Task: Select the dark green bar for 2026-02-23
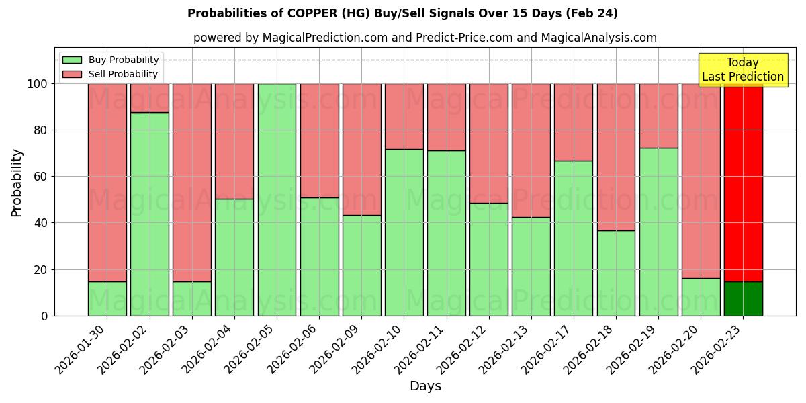pos(743,298)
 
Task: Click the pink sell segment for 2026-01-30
pos(107,182)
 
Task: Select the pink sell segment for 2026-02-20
pos(701,181)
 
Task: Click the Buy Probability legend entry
pos(124,60)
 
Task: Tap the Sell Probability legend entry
pos(123,74)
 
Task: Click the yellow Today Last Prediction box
pos(742,70)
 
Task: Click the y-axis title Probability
pos(17,183)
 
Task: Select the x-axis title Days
pos(425,386)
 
